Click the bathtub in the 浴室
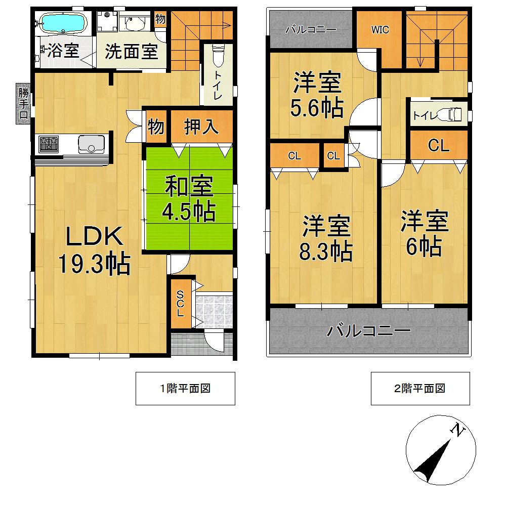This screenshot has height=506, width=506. coord(64,23)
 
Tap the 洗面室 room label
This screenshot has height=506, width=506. coord(132,52)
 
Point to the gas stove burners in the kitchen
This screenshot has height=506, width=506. coord(50,144)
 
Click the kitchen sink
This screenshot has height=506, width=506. coord(91,145)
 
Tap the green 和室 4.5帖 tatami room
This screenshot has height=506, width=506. coord(189,199)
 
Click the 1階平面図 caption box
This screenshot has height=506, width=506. coord(185,389)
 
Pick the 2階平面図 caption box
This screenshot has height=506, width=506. coord(420,389)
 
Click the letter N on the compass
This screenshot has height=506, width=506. coord(458,431)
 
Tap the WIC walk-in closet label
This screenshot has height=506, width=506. coord(380,30)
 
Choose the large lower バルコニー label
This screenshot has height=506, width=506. coord(368,332)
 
